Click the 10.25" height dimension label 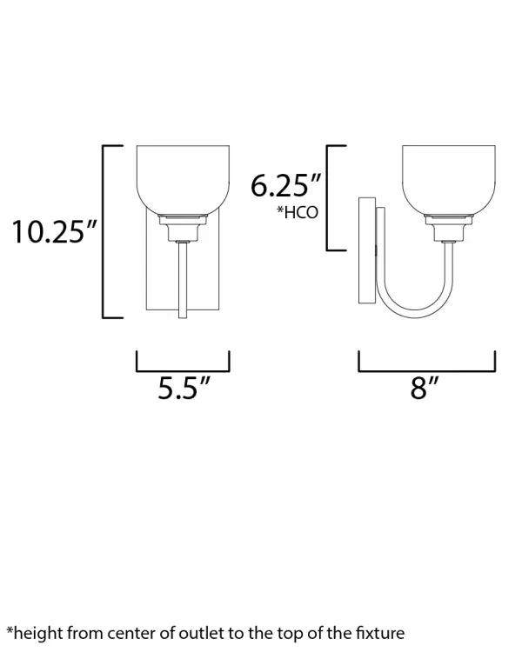pos(54,231)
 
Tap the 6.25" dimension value pos(286,185)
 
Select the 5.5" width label pos(184,388)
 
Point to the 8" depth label pos(425,388)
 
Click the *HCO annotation pos(298,212)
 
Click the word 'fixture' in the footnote pos(380,633)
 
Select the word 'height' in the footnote pos(38,634)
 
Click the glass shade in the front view pos(184,180)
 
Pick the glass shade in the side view pos(449,180)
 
